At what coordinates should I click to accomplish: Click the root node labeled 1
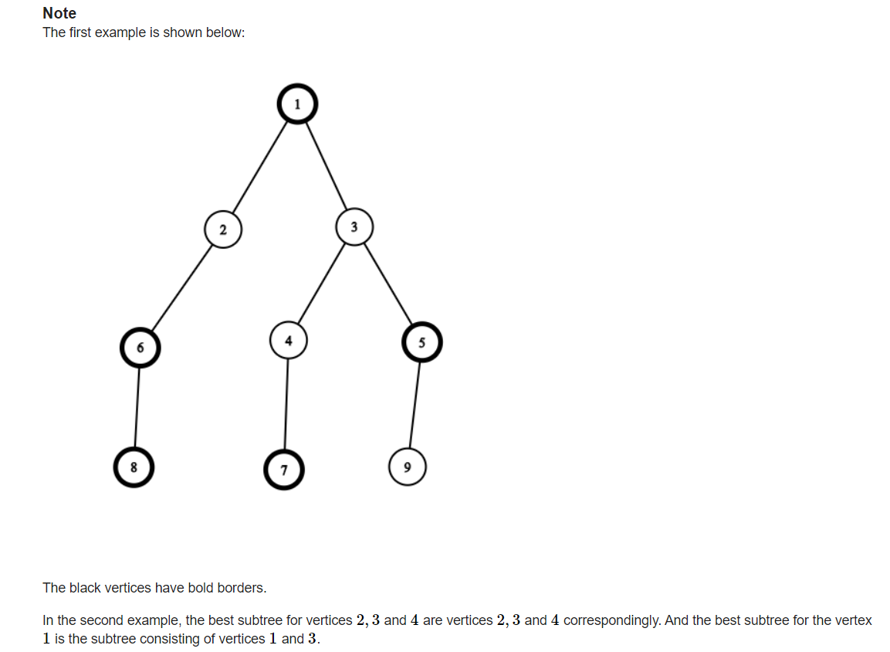pos(297,104)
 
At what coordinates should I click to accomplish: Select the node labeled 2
pos(223,229)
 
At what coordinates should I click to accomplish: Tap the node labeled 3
pos(354,227)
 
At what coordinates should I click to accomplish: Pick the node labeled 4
pos(289,341)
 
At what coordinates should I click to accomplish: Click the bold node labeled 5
pos(421,342)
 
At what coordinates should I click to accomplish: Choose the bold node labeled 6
pos(140,348)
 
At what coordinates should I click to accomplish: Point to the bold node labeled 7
pos(284,470)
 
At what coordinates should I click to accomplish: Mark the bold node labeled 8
pos(134,467)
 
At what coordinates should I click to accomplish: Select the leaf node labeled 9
pos(408,467)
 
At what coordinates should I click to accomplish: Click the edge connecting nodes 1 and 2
pos(260,168)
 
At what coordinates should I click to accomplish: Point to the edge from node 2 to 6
pos(181,288)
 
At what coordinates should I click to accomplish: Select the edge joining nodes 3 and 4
pos(321,284)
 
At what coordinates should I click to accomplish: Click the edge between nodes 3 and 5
pos(387,284)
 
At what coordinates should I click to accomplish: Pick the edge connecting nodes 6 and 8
pos(137,407)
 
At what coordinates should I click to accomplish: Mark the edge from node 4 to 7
pos(286,405)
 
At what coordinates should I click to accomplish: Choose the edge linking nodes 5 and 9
pos(415,405)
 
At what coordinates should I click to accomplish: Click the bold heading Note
pos(59,13)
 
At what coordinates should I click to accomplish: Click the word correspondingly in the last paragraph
pos(612,621)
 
